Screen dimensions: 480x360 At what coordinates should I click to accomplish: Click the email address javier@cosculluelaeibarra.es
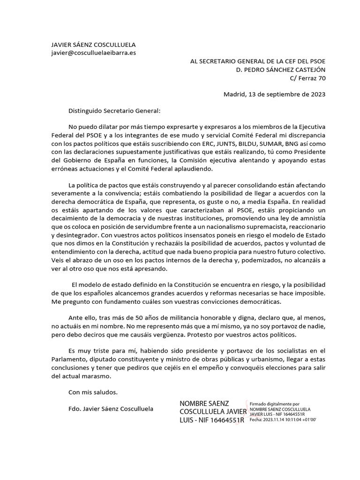click(x=94, y=53)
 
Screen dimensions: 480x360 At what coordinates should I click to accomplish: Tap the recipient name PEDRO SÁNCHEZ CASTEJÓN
click(x=280, y=69)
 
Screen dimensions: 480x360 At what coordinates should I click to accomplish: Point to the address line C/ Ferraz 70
click(x=307, y=78)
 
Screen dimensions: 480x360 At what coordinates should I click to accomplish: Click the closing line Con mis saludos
click(x=93, y=392)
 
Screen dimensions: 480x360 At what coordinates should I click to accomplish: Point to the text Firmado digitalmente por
click(x=275, y=404)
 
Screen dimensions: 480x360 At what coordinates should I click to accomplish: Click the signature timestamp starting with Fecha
click(x=283, y=420)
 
